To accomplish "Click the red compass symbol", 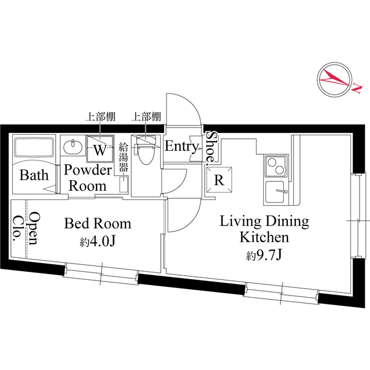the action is point(335,80).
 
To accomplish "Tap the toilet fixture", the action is point(145,149).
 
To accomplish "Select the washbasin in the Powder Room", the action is point(72,146).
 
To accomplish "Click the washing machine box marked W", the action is point(100,149).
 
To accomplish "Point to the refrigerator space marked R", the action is point(219,180).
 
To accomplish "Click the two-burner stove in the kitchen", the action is point(276,166).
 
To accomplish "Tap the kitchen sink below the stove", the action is point(276,192).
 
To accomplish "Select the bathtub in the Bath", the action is point(34,147).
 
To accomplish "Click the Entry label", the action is point(182,146).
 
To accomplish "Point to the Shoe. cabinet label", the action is point(210,147).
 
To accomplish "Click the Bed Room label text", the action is point(98,223).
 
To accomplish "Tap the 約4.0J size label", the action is point(97,241).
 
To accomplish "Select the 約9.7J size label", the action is point(264,255).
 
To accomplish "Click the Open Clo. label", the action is point(26,228).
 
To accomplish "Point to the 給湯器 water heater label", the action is point(123,157).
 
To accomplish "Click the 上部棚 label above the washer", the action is point(100,117).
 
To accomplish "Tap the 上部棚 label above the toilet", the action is point(146,117).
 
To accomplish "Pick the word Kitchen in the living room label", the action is point(264,237).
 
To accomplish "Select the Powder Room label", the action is point(88,177).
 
